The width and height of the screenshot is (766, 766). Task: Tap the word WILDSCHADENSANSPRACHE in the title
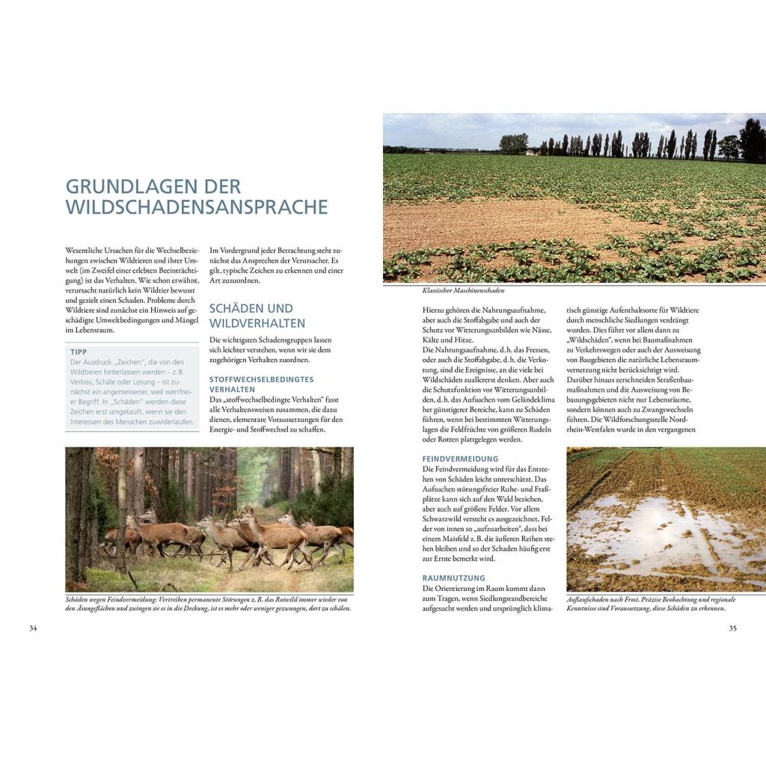pos(196,206)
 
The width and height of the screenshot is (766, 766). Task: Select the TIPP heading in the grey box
pos(79,352)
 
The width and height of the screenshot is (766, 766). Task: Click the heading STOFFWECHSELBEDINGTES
pos(261,379)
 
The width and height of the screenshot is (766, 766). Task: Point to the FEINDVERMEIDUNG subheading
pos(460,459)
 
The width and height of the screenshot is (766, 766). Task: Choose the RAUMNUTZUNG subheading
pos(453,578)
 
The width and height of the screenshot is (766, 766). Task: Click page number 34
pos(33,628)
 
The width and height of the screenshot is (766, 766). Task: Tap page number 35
pos(732,628)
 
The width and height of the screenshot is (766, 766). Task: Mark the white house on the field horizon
pos(530,153)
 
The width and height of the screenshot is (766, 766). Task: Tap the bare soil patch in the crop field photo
pos(479,224)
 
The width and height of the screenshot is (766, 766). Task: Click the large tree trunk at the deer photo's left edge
pos(78,516)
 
